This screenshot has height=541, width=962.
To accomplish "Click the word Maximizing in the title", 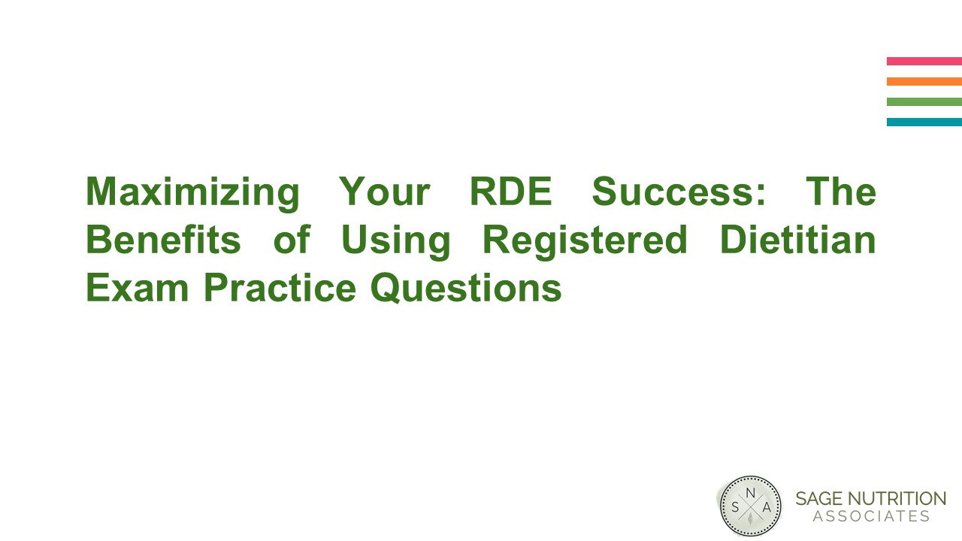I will click(x=192, y=192).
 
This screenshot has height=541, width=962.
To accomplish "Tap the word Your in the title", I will click(x=384, y=192).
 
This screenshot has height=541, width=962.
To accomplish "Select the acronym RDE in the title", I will click(x=510, y=192).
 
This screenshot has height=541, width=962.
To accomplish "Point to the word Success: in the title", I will click(x=679, y=192).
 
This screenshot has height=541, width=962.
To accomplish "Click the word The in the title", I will click(x=841, y=192).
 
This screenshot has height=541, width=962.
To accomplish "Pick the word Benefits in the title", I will click(x=163, y=240).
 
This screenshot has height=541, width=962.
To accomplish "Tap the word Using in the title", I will click(x=395, y=240).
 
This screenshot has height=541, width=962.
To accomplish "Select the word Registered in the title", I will click(x=585, y=240).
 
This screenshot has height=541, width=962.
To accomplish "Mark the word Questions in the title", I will click(x=466, y=289).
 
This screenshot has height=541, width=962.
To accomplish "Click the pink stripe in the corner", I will click(x=924, y=61).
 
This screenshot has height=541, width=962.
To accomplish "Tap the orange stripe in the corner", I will click(x=924, y=81).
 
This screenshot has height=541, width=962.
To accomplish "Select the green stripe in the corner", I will click(x=924, y=101).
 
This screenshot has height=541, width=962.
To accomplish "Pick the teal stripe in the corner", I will click(x=924, y=122).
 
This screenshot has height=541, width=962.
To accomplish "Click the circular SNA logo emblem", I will click(x=749, y=506).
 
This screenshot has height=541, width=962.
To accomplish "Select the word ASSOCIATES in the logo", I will click(x=871, y=517).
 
